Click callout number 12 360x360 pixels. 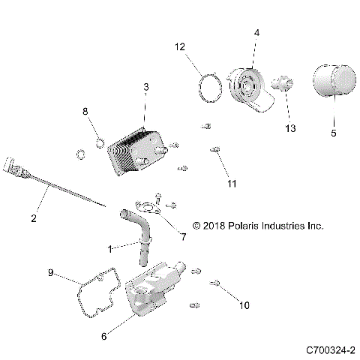[179, 47]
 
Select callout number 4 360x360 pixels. [256, 33]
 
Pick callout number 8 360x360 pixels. [85, 111]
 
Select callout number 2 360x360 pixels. [34, 218]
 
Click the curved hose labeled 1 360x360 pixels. [140, 233]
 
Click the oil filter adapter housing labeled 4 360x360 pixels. [246, 87]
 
